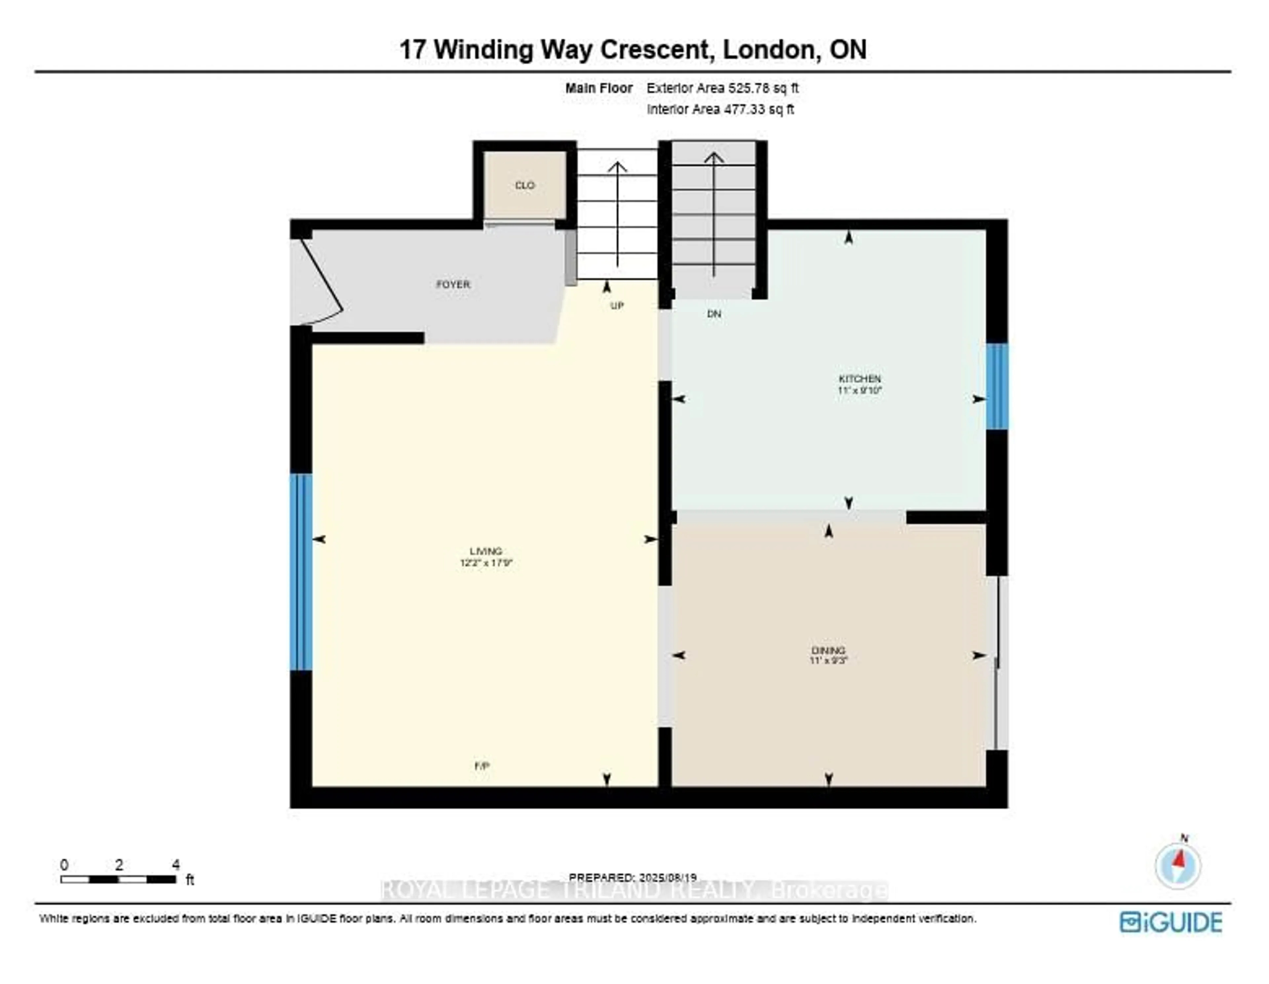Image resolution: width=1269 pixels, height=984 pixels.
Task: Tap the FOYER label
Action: tap(453, 284)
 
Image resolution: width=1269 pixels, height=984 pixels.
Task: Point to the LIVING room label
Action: tap(486, 551)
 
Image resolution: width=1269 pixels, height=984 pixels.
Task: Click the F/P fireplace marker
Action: tap(482, 766)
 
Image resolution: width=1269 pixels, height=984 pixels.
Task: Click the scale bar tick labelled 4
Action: tap(175, 865)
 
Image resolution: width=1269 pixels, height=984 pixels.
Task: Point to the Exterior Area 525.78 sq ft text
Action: tap(722, 88)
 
